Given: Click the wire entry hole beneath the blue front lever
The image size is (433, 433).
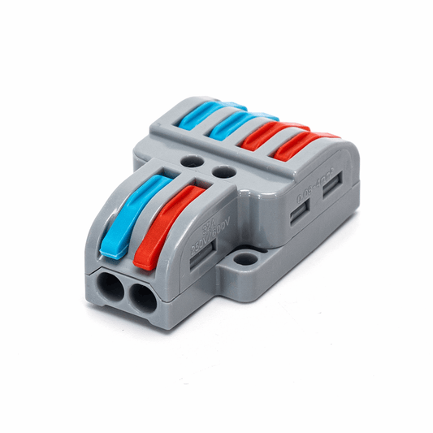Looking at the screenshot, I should pyautogui.click(x=108, y=288).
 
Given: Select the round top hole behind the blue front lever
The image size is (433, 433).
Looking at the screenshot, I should pyautogui.click(x=193, y=162).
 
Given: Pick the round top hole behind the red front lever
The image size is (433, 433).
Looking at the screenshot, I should pyautogui.click(x=221, y=171).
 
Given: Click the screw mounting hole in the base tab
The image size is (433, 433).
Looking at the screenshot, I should pyautogui.click(x=245, y=262).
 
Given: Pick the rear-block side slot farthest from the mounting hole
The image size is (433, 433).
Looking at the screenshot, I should pyautogui.click(x=331, y=193).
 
